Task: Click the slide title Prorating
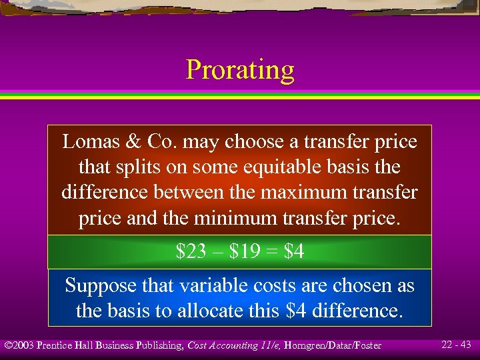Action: [240, 69]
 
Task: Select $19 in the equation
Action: [244, 252]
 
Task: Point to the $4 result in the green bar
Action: [294, 252]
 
